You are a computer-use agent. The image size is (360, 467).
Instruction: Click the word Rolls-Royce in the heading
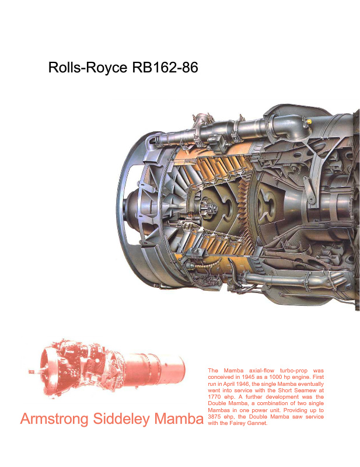(x=88, y=68)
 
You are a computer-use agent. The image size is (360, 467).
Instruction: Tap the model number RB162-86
(x=165, y=67)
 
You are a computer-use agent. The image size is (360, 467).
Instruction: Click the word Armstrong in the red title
(x=54, y=419)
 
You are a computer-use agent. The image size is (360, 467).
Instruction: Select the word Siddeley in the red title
(x=121, y=419)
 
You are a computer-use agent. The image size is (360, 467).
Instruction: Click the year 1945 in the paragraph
(x=248, y=377)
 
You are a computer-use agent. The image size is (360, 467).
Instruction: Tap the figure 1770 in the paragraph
(x=214, y=397)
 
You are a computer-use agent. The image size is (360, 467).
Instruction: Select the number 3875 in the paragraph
(x=214, y=417)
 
